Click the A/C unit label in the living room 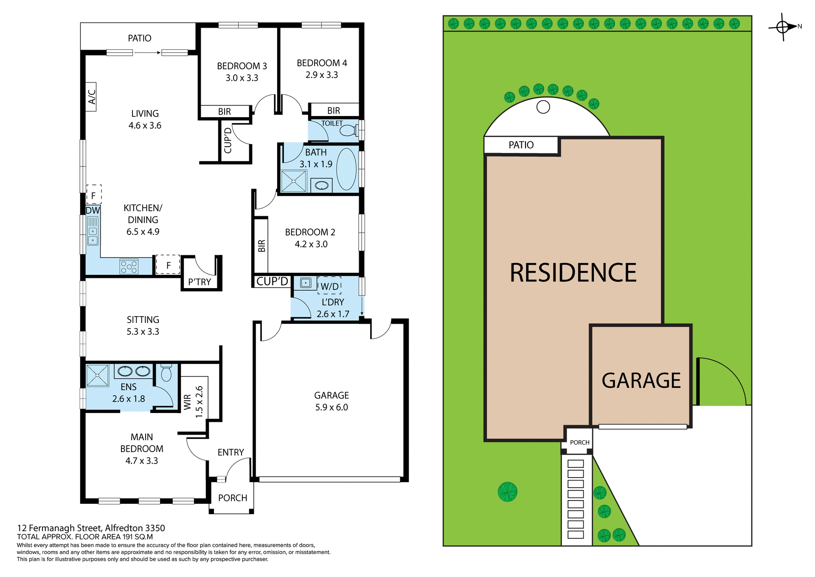91,97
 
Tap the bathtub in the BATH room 346,169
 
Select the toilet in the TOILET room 348,130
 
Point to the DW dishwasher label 93,210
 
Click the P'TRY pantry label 200,282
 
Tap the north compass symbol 784,27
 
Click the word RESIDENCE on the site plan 573,272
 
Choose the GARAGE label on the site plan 641,380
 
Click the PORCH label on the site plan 579,442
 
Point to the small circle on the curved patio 543,107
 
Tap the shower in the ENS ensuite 98,375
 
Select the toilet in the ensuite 166,373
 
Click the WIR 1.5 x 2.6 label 194,402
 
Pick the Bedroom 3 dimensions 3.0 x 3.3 242,78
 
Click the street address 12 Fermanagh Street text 91,528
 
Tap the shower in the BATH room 293,181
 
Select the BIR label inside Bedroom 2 261,246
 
